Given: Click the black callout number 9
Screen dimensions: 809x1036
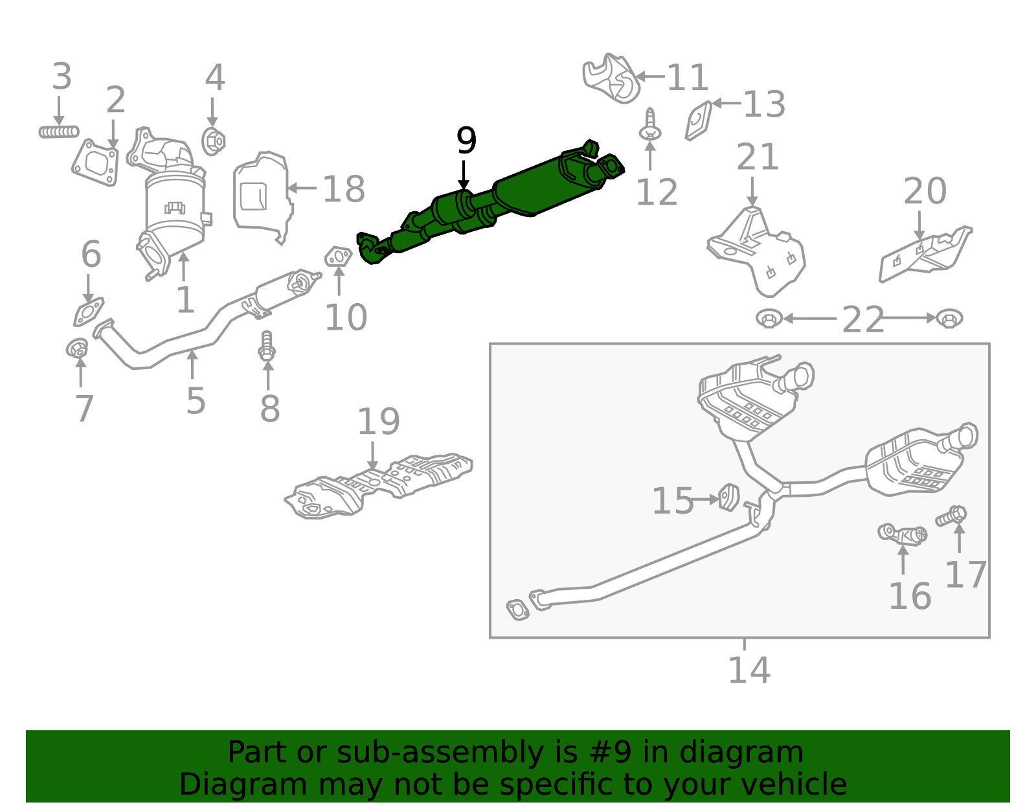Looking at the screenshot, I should click(466, 141).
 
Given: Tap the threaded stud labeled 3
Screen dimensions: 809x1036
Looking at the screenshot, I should click(58, 132).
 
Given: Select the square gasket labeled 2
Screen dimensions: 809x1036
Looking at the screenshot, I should click(96, 163).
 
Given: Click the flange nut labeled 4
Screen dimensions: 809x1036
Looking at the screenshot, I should click(213, 141).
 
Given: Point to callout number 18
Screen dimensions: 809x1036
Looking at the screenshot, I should click(343, 189).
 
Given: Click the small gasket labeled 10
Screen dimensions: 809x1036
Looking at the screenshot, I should click(338, 257).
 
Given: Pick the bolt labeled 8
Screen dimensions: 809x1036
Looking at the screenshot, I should click(267, 346).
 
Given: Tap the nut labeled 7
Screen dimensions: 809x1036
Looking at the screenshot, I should click(77, 349).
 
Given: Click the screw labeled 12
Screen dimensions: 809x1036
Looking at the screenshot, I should click(650, 126).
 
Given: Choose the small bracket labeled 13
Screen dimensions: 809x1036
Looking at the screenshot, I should click(699, 121).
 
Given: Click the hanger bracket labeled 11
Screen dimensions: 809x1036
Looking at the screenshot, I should click(611, 78).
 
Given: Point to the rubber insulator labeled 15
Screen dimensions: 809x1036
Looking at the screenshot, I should click(729, 497).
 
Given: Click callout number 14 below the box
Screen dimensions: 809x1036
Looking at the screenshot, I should click(749, 670).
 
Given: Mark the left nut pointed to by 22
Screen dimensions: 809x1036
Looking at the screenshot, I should click(769, 319).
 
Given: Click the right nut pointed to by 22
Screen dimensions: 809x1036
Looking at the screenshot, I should click(949, 319).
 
